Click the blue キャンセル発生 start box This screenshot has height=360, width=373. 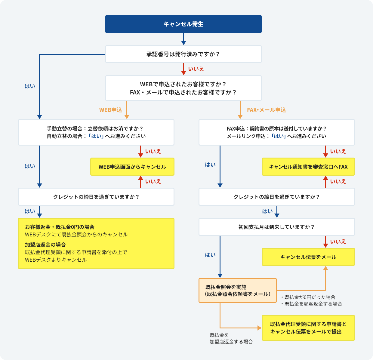coord(183,24)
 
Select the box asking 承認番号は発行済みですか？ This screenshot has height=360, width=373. coord(183,54)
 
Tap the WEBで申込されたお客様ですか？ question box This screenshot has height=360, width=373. coord(183,88)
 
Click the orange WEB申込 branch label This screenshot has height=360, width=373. coord(111,110)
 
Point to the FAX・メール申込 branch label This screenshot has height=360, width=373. coord(266,110)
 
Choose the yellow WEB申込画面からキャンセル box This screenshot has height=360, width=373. coord(132,167)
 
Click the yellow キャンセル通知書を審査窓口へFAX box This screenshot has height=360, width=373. coord(308,167)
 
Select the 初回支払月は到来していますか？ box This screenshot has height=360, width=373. coord(276,227)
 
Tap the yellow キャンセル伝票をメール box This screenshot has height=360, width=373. coord(308,257)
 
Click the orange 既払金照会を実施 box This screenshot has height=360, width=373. coord(237,291)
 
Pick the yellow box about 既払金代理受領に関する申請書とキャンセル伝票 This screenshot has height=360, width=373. coord(308,328)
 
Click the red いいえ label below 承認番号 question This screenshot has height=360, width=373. coord(196,69)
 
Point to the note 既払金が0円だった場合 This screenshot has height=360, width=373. coord(310,297)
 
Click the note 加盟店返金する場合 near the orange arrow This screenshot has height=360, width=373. coord(231,342)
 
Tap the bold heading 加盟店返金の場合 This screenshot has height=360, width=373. coord(45,245)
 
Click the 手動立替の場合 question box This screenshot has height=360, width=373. coord(96,132)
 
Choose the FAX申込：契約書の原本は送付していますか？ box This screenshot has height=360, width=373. coord(276,132)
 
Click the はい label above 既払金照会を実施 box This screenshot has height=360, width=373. coord(210,255)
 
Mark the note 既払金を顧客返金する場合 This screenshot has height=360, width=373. coord(313,304)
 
